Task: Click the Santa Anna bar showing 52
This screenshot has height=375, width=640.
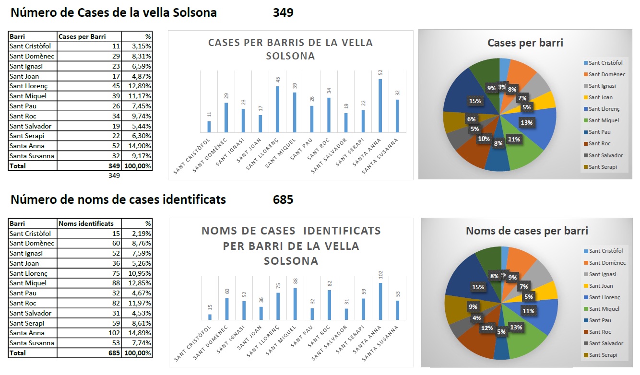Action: (x=380, y=105)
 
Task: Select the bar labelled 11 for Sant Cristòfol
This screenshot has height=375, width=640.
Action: (x=209, y=127)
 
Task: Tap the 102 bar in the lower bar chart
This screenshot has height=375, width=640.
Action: (x=380, y=301)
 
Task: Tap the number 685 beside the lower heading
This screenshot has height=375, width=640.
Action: (x=283, y=199)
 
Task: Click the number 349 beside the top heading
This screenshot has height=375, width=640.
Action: (x=283, y=13)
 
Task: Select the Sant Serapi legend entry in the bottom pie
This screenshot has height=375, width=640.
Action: (x=603, y=355)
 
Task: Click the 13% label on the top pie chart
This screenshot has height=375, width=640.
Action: (x=527, y=122)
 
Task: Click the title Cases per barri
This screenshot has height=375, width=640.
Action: (x=525, y=43)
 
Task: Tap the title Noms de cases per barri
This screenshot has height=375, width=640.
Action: (x=527, y=231)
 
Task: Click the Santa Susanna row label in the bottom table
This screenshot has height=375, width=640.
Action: (x=32, y=343)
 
